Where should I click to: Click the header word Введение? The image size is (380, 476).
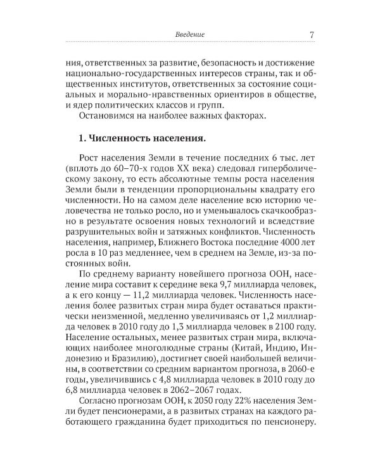(190, 34)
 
